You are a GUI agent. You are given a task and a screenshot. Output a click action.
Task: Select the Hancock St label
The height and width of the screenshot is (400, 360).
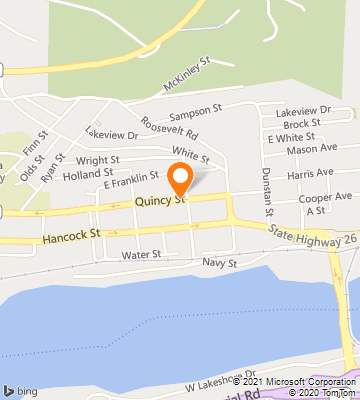(72, 237)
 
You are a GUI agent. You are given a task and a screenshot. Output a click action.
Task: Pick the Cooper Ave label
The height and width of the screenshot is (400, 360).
(325, 198)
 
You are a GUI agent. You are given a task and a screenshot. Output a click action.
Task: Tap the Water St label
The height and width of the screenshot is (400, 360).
(142, 255)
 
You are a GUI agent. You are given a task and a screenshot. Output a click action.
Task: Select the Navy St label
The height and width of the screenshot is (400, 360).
(218, 263)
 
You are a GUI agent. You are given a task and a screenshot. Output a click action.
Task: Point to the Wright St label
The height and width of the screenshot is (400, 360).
(97, 158)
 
